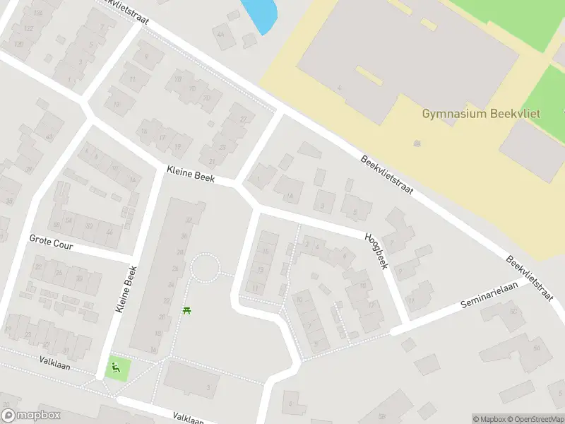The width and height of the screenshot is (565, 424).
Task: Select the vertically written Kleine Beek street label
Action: [x=125, y=290]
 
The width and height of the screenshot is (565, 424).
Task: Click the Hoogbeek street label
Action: [x=376, y=251]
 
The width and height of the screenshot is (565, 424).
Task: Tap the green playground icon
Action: [x=114, y=367]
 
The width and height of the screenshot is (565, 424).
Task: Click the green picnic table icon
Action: [x=186, y=310]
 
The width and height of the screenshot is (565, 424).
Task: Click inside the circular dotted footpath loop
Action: [x=206, y=268]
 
